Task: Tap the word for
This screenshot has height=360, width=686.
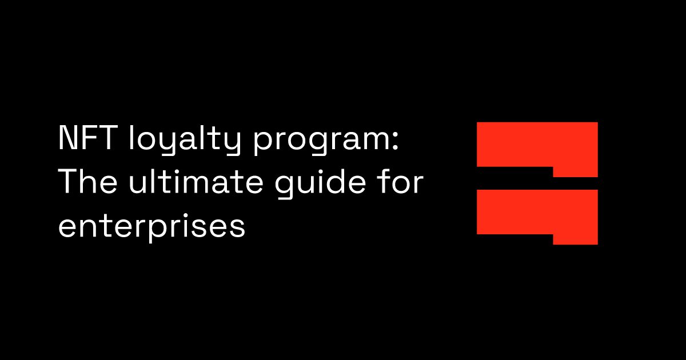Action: click(x=401, y=183)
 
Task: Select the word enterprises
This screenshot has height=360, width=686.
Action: click(x=151, y=227)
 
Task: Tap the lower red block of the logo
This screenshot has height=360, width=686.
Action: click(x=537, y=212)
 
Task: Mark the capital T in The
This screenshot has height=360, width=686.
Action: click(x=68, y=183)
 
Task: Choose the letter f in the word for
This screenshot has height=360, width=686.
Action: click(x=385, y=182)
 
